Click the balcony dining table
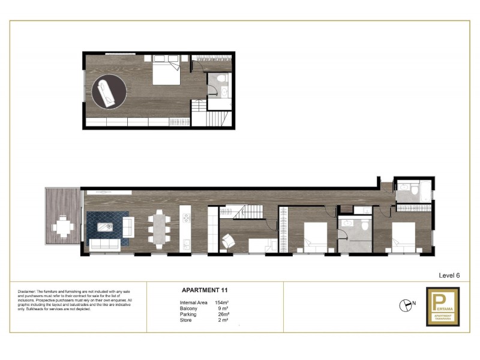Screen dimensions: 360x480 pos(62,227)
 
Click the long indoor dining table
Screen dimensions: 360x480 pos(158,229)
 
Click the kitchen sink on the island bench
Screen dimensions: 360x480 pos(186,243)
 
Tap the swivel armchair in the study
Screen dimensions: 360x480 pos(228,241)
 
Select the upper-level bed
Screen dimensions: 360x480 pos(164,73)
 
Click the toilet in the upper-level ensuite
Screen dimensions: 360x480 pos(221,80)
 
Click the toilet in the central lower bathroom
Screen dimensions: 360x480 pos(364,224)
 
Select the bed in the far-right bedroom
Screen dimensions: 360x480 pos(403,236)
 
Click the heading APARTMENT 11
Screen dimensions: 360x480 pos(204,290)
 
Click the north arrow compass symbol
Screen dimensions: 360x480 pos(404,304)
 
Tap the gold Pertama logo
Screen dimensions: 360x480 pos(442,306)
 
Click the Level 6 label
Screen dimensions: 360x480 pos(449,275)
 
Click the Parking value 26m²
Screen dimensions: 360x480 pos(223,314)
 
